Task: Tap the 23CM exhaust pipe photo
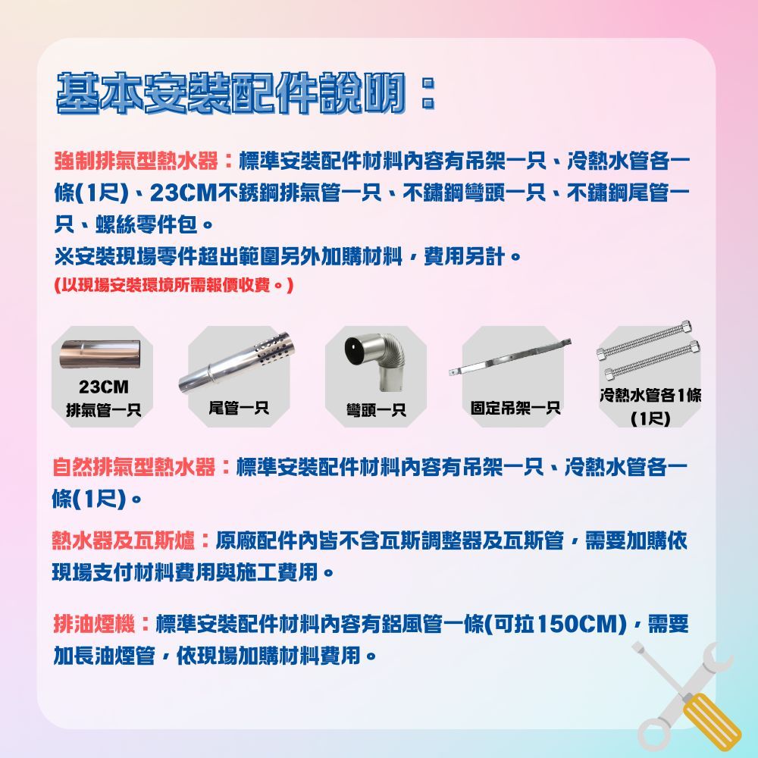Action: point(103,355)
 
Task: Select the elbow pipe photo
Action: point(374,364)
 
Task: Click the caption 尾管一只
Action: point(239,409)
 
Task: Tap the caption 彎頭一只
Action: point(375,410)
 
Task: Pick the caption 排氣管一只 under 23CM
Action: point(103,410)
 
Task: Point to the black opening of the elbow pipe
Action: point(355,350)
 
